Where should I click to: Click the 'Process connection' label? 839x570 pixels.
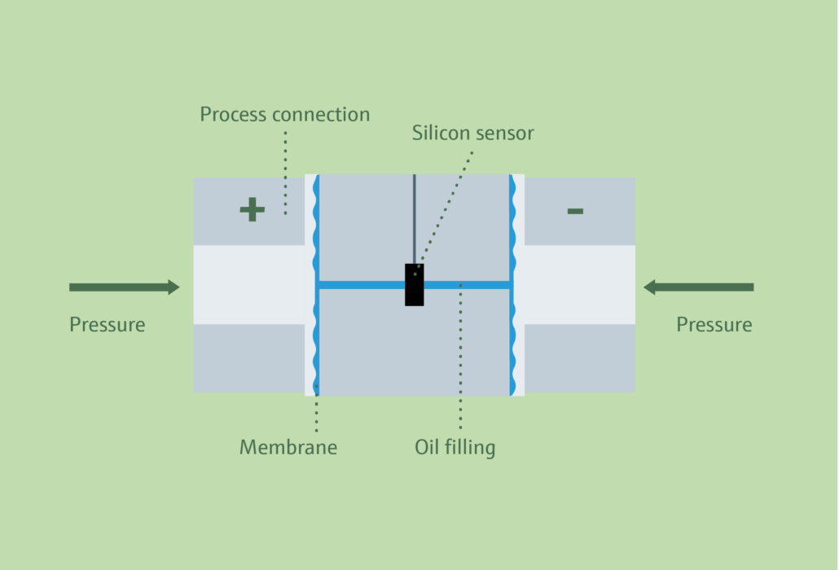tap(284, 115)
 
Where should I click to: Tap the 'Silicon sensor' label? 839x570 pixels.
tap(472, 134)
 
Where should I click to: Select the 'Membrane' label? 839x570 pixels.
tap(288, 447)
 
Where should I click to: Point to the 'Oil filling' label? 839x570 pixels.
tap(455, 447)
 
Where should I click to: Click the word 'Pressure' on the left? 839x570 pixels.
tap(107, 325)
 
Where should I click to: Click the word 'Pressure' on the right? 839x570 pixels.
tap(714, 325)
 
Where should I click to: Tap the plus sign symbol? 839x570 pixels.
tap(252, 210)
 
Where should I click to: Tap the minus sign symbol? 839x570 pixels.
tap(575, 211)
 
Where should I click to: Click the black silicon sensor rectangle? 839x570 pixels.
tap(414, 285)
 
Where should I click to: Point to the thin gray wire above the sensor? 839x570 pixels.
tap(414, 216)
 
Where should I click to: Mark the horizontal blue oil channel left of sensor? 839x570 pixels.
tap(360, 285)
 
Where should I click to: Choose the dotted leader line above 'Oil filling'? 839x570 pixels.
tap(460, 358)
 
